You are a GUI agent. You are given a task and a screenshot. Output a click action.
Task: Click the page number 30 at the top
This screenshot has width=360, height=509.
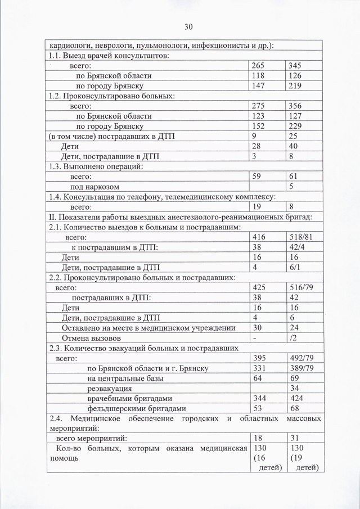click(188, 26)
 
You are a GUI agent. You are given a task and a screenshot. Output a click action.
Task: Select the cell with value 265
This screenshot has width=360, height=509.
click(260, 66)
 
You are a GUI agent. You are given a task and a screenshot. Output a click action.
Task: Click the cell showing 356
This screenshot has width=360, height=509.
click(294, 106)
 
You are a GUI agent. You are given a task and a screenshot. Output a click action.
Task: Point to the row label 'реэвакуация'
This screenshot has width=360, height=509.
click(110, 388)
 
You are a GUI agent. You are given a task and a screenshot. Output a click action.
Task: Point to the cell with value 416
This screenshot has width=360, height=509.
click(260, 237)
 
